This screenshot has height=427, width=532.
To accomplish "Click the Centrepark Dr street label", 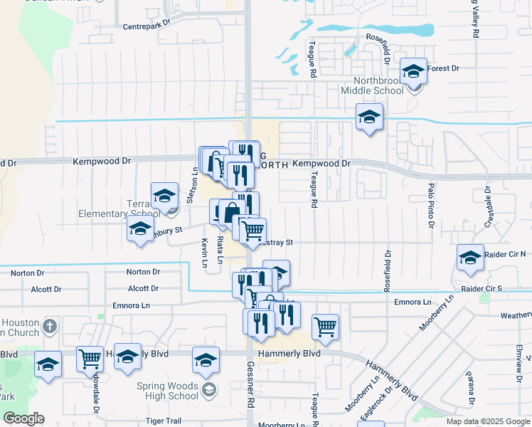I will pyautogui.click(x=148, y=23).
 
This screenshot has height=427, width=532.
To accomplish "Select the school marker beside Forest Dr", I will pyautogui.click(x=413, y=71).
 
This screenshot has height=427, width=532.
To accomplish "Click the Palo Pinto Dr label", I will pyautogui.click(x=431, y=204).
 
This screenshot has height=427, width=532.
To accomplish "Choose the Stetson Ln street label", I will pyautogui.click(x=191, y=185).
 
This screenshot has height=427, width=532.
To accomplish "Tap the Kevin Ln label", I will pyautogui.click(x=204, y=253).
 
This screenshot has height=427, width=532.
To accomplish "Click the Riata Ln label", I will pyautogui.click(x=220, y=250).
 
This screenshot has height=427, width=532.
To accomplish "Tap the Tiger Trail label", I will pyautogui.click(x=165, y=421).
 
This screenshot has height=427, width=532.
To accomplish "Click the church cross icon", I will pyautogui.click(x=48, y=327).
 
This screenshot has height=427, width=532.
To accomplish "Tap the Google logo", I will pyautogui.click(x=24, y=418).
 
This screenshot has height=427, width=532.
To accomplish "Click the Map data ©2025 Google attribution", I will pyautogui.click(x=487, y=421).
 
